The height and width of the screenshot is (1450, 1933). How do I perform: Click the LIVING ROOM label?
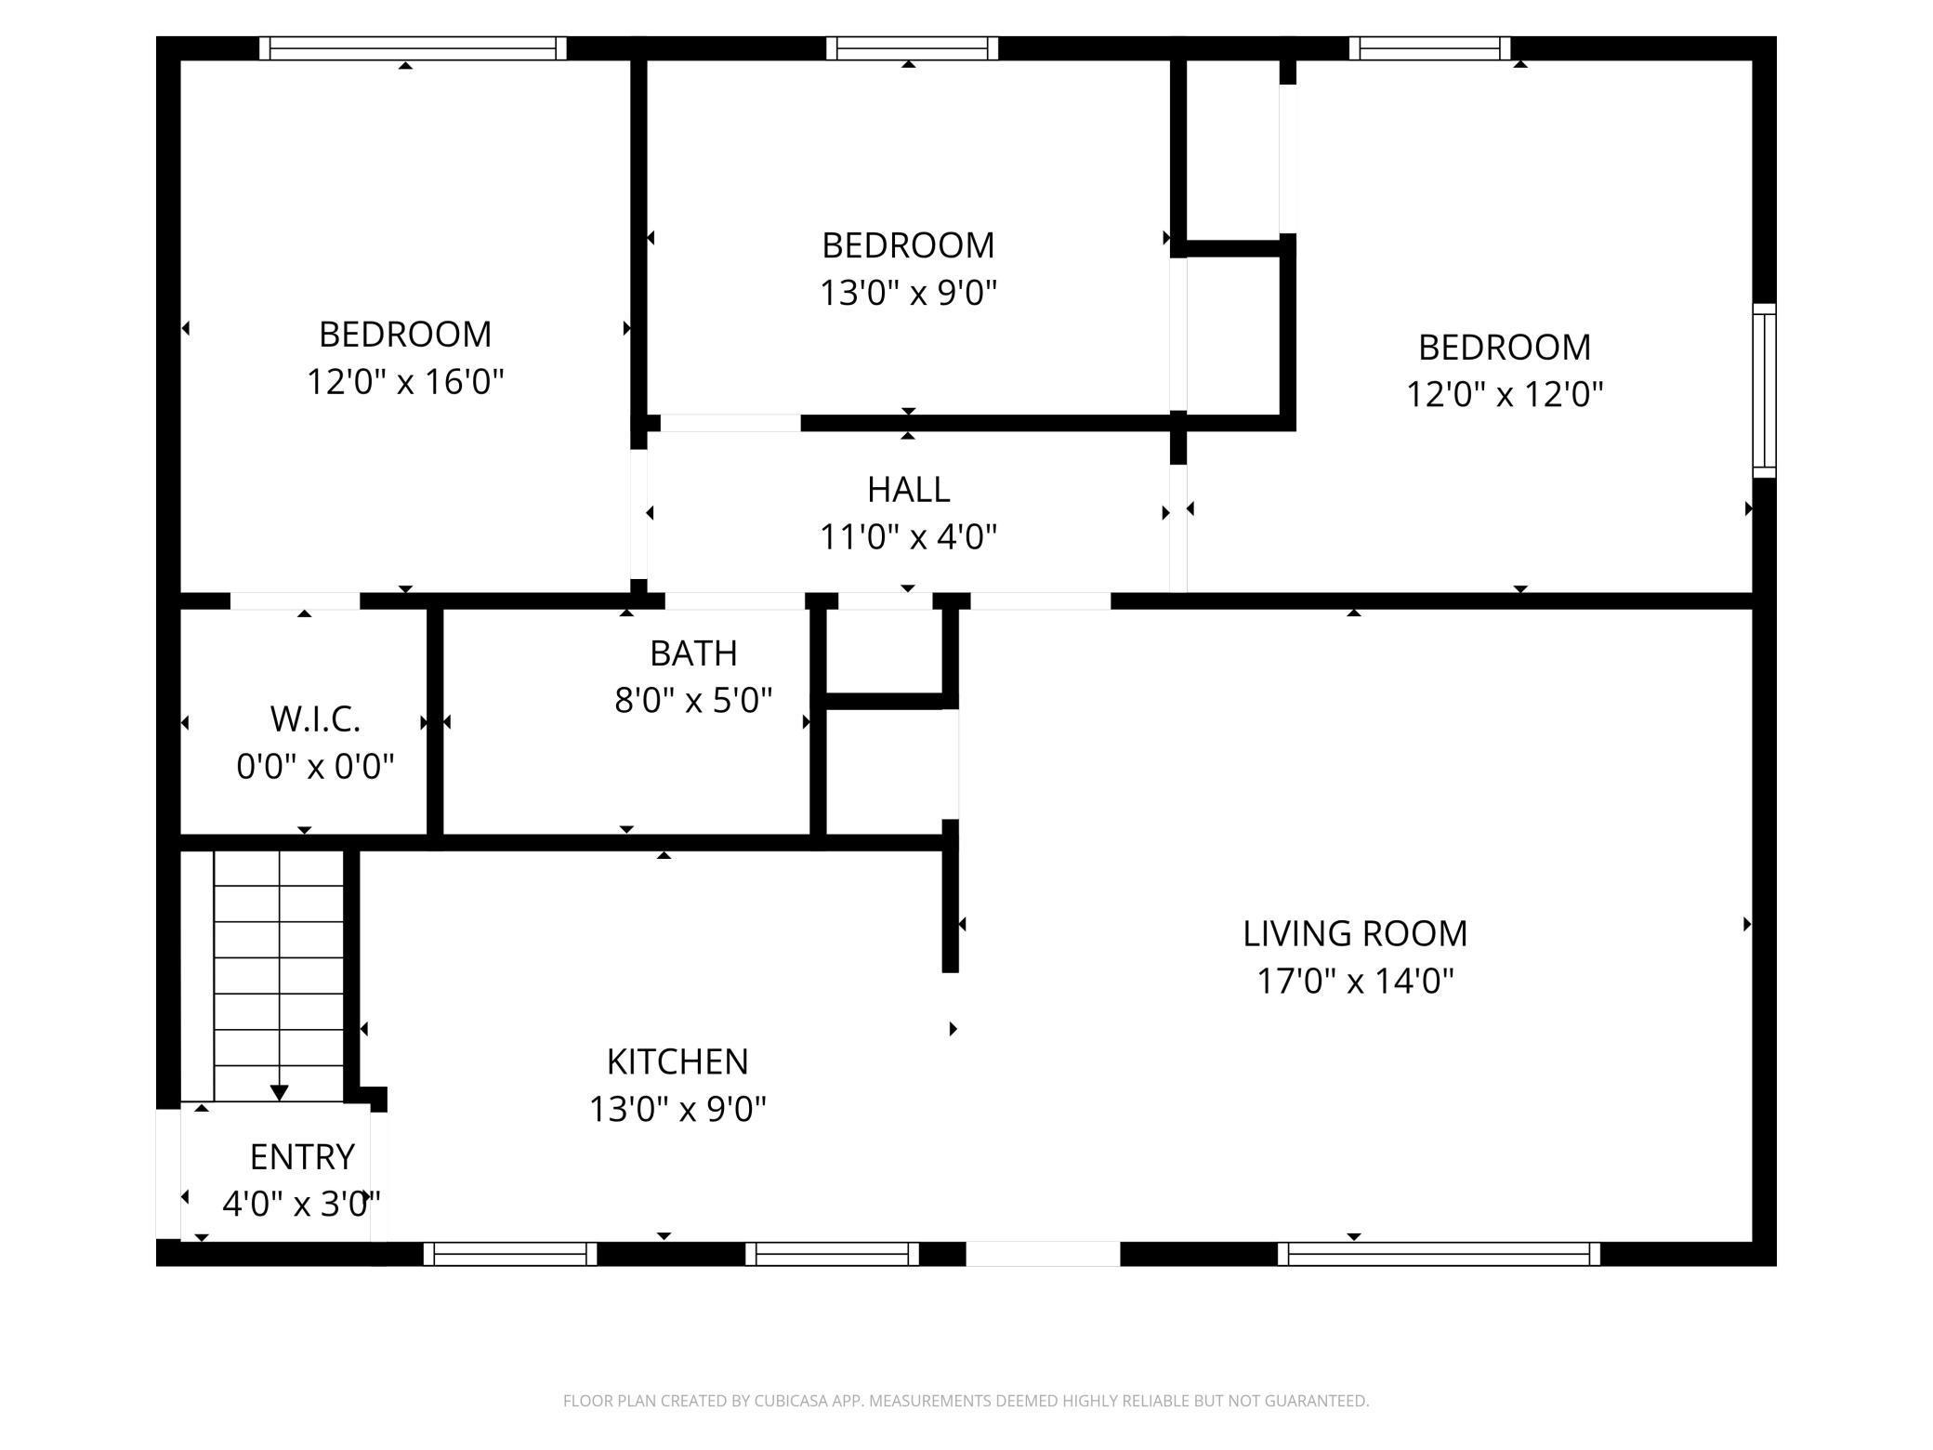click(1355, 933)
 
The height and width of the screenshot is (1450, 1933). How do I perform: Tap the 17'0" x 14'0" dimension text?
click(1355, 981)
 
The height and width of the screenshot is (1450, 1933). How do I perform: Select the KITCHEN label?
click(677, 1061)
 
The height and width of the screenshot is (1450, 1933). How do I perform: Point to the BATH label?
click(693, 653)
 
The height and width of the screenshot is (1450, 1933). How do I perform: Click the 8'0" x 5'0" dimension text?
click(693, 700)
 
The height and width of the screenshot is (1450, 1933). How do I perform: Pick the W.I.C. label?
click(315, 718)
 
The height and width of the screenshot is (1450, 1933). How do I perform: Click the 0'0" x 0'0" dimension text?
click(315, 767)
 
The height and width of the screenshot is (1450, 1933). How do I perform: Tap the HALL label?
click(908, 490)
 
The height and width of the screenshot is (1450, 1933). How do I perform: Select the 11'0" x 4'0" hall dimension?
click(908, 537)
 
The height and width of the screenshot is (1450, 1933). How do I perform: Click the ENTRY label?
click(302, 1157)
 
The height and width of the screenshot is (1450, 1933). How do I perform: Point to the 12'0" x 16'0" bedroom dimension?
click(405, 382)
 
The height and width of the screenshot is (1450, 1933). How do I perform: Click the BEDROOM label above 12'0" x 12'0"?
click(1505, 348)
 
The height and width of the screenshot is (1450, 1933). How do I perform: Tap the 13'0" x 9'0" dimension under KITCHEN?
click(677, 1109)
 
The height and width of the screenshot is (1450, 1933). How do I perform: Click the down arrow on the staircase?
click(279, 1091)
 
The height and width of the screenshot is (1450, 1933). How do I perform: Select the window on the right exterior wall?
click(1764, 390)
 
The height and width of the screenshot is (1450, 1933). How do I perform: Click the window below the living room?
click(1439, 1254)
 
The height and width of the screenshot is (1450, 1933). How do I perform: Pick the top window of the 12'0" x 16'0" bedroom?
click(413, 48)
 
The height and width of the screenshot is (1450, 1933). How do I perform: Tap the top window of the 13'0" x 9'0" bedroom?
click(912, 48)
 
